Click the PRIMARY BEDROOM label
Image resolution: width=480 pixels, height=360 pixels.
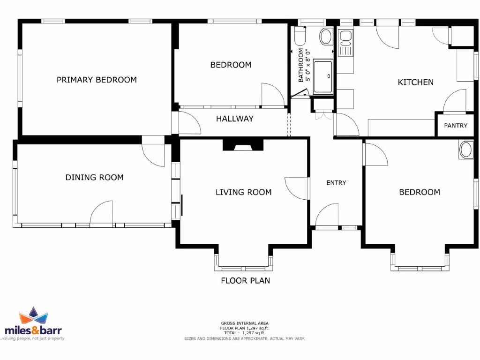coord(97,80)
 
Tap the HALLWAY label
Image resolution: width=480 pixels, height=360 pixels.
coord(234,119)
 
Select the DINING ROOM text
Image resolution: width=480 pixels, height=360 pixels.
coord(94,177)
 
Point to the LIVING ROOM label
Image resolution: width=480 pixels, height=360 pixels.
coord(243,192)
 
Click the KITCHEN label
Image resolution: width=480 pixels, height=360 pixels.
coord(415,82)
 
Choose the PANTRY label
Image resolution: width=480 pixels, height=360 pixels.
coord(456,126)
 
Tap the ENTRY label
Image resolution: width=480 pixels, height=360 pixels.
coord(336,183)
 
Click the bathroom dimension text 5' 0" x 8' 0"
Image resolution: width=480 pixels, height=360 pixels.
coord(308,66)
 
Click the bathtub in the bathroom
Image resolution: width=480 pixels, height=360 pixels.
coord(323,76)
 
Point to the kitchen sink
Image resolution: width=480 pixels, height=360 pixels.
coord(345,37)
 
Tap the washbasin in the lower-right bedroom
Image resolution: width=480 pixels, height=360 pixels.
coord(466,150)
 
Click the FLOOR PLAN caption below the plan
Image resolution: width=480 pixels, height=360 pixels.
coord(245,281)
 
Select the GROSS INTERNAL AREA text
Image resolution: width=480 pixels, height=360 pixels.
coord(245,323)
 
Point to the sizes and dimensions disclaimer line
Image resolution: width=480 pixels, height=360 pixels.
coord(245,338)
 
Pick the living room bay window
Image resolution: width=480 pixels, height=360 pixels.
coord(243,262)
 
